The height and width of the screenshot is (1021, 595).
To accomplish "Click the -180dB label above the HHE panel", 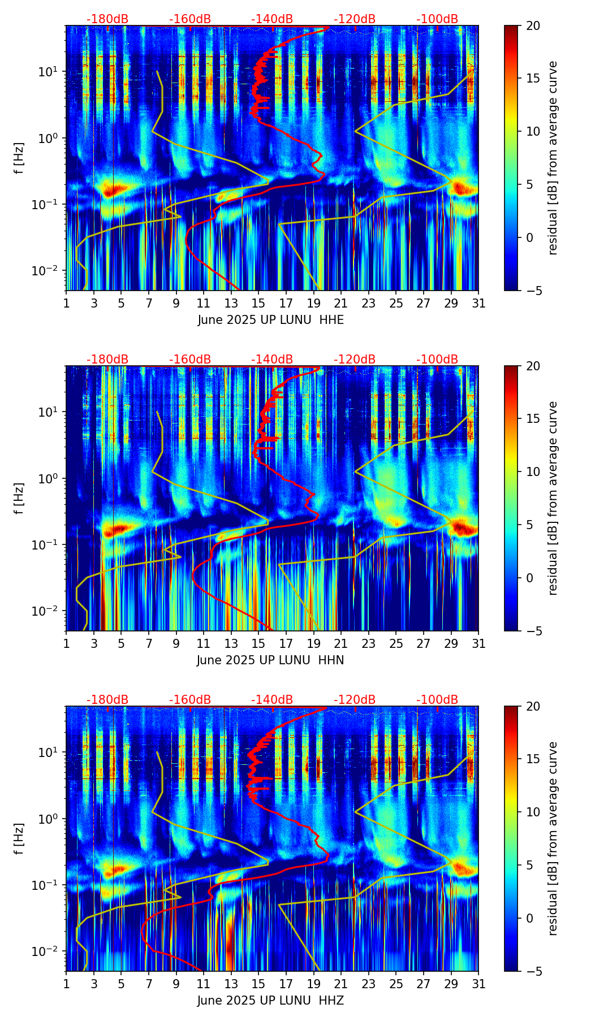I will [107, 19].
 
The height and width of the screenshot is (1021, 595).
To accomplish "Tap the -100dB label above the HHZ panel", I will [437, 700].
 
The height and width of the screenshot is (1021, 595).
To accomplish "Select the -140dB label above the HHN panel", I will [272, 360].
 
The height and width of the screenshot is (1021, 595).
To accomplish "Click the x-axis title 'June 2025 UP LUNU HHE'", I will [271, 320].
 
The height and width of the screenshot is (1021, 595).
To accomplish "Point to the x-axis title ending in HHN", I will [270, 660].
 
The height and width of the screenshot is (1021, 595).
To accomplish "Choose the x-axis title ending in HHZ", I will [270, 1001].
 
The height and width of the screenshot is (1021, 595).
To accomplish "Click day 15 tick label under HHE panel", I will [258, 304].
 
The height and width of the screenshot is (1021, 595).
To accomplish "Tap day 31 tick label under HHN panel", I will [478, 644].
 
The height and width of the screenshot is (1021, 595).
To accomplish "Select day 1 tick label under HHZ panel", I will [66, 984].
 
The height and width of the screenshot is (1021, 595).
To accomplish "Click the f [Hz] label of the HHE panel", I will [19, 158].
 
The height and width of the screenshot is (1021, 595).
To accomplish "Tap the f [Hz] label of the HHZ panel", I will [19, 839].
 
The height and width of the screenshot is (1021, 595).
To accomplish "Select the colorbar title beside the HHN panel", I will [553, 498].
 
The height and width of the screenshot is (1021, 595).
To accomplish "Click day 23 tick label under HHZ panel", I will [368, 984].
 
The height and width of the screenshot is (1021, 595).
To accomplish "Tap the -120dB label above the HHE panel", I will [355, 19].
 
